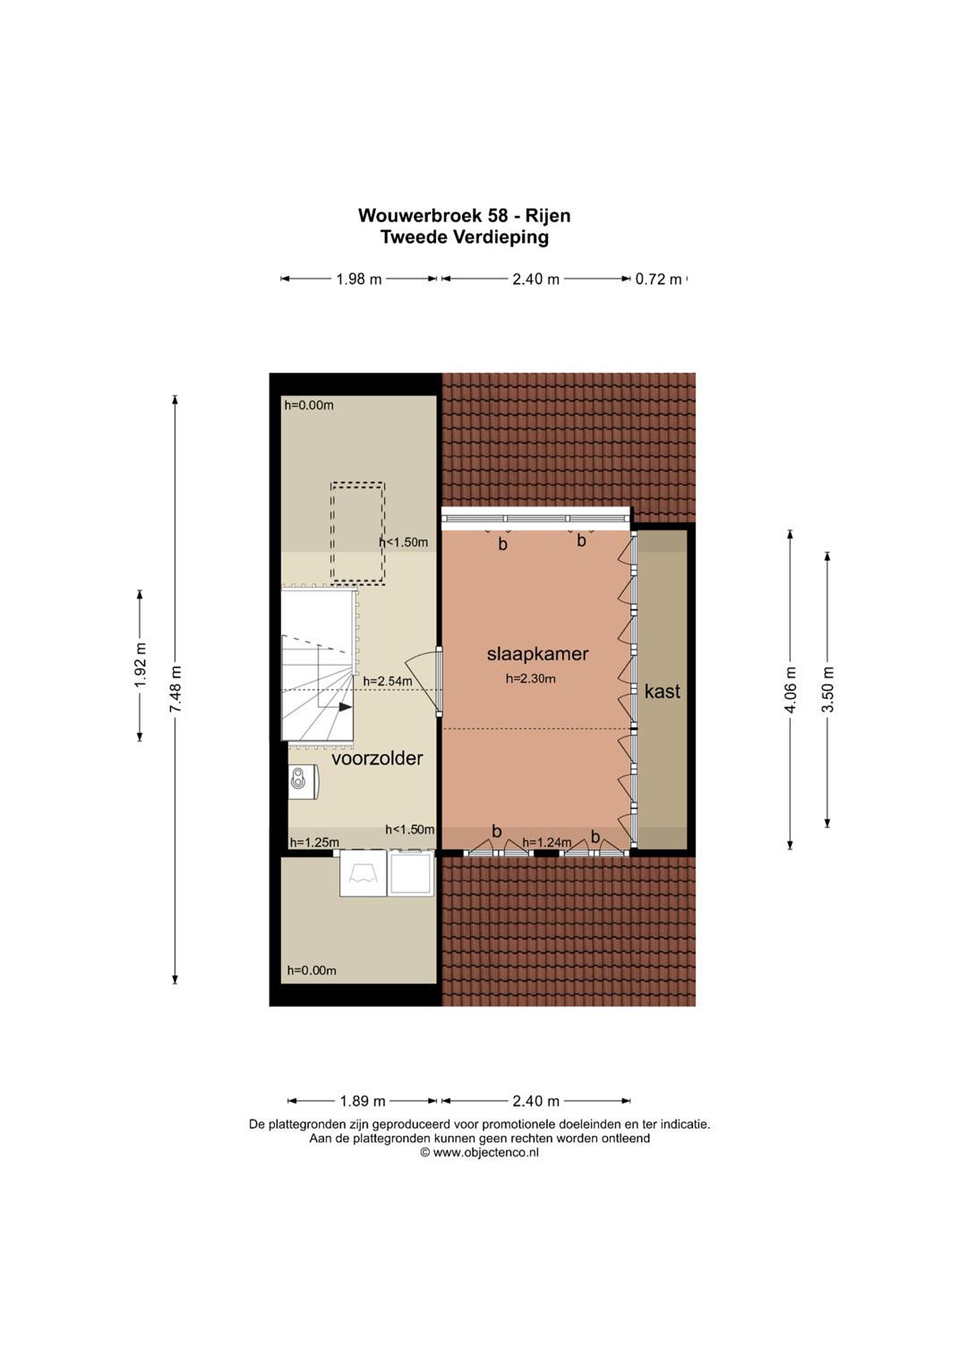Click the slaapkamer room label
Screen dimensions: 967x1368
click(x=538, y=654)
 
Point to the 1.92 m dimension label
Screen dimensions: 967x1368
click(x=140, y=665)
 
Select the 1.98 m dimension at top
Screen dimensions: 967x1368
click(x=359, y=279)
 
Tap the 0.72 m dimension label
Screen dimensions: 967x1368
click(x=658, y=279)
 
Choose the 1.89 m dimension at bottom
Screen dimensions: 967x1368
click(x=362, y=1101)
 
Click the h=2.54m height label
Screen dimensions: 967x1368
click(x=387, y=681)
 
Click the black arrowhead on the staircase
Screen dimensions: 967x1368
click(x=345, y=707)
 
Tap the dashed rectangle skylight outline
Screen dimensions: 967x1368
click(x=358, y=532)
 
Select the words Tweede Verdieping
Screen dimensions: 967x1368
click(x=464, y=237)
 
